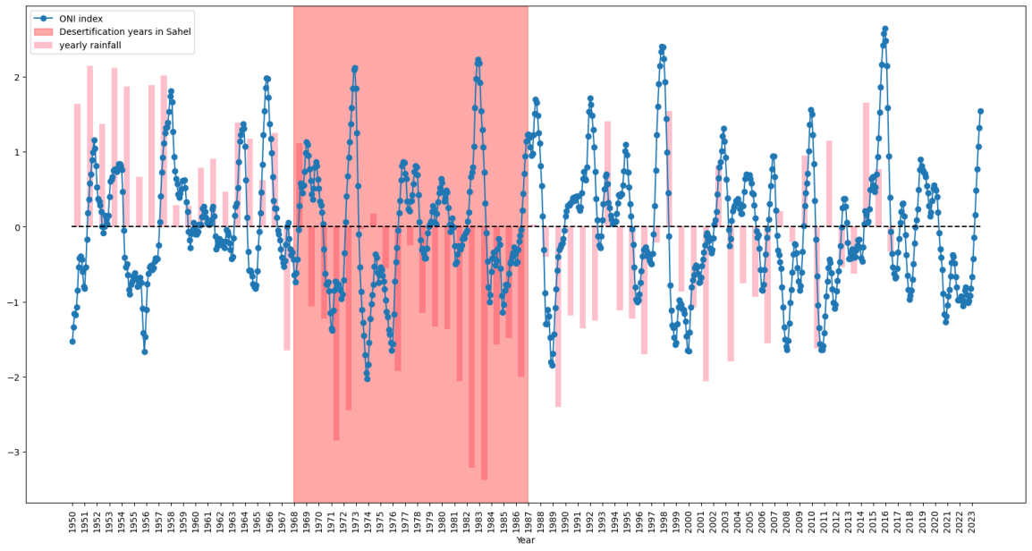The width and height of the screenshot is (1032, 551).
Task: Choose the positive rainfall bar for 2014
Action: [866, 165]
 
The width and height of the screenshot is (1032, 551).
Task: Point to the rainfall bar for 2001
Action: [706, 304]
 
